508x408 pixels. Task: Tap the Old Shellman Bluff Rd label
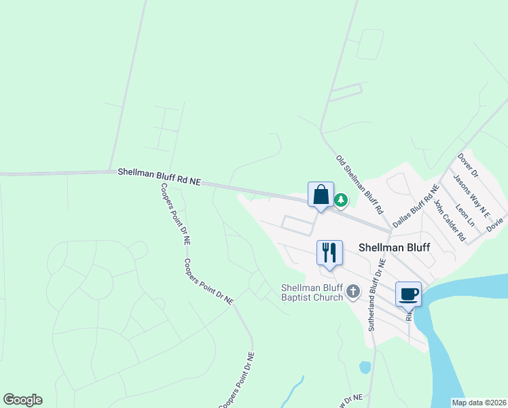tap(360, 184)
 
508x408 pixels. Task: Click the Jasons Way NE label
tap(472, 195)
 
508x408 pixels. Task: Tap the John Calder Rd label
tap(449, 220)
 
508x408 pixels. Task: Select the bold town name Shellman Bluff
tap(394, 248)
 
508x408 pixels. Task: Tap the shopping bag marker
tap(321, 194)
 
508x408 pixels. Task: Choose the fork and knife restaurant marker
tap(329, 253)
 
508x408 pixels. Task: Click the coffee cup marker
tap(408, 294)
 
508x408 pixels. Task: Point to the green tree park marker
tap(341, 200)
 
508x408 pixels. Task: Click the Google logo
tap(22, 400)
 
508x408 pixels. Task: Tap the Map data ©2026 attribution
tap(478, 403)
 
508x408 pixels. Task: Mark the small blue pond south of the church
tap(365, 367)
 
